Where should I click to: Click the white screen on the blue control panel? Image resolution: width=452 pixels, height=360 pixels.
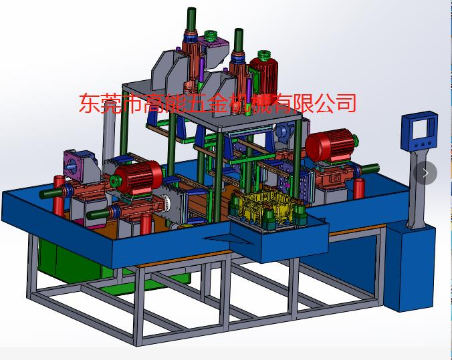[x=419, y=129]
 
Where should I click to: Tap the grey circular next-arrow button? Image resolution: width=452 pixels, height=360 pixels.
[x=425, y=173]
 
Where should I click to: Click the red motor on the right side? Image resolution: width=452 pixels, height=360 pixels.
[x=331, y=144]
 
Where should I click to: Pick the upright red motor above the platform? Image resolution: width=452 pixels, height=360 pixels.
[x=263, y=75]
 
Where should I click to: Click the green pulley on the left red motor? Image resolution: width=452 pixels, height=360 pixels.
[x=116, y=182]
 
